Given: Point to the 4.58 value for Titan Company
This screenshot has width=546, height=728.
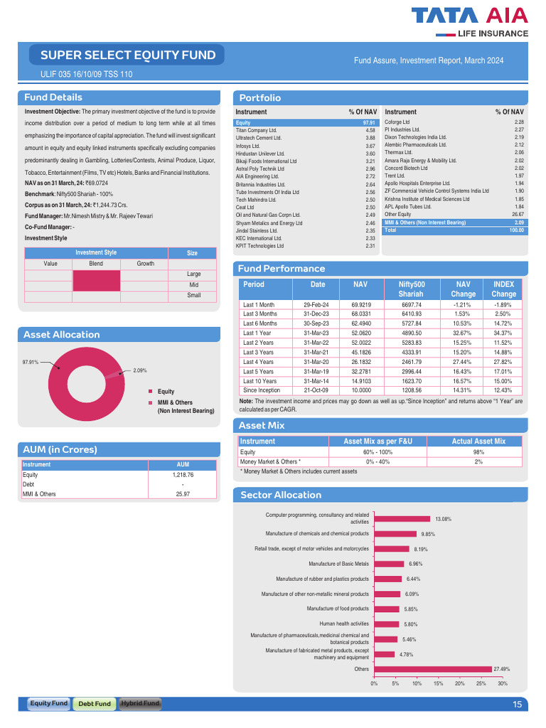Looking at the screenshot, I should [370, 131].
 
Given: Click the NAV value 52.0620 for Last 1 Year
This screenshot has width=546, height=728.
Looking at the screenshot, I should [360, 333].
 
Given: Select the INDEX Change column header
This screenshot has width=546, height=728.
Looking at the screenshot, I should [503, 289].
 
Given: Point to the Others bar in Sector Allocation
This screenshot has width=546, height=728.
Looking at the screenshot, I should [433, 669].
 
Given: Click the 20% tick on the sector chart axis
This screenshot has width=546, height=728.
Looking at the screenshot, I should [460, 684].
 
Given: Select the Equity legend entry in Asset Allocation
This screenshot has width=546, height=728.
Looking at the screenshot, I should [166, 392].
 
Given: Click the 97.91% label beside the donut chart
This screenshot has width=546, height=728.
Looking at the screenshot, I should [30, 362].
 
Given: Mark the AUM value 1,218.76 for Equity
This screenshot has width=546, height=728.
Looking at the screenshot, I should [183, 474].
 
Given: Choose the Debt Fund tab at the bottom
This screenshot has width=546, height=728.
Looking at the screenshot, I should [95, 704].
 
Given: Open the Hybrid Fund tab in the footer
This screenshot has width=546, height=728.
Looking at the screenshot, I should [140, 704].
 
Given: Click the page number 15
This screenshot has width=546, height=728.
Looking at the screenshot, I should [517, 705].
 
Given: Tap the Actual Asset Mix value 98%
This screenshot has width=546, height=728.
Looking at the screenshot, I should [478, 452].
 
